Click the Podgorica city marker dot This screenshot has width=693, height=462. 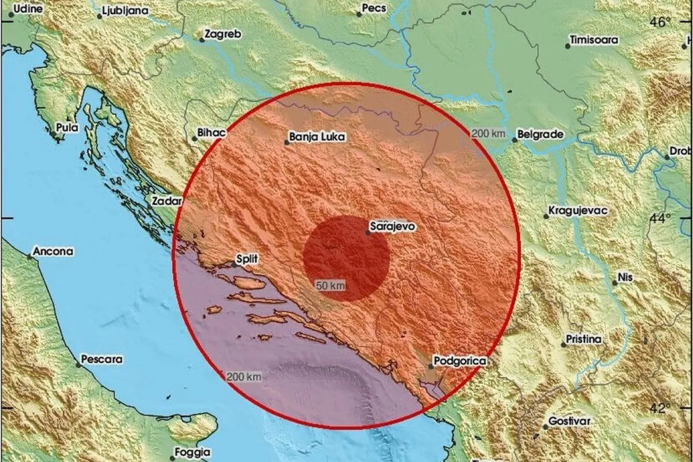pos(431,365)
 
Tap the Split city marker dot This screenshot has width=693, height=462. pos(234,265)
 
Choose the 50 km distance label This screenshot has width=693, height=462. pos(330,285)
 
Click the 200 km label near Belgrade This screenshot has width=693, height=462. pos(489,134)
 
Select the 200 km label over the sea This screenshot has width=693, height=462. pos(244,377)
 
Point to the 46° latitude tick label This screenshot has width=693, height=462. pos(660,23)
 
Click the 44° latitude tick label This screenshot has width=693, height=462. pos(660,218)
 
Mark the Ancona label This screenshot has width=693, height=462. pos(54,252)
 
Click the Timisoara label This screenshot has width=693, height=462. pos(594,40)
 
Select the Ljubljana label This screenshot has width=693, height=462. pos(125,11)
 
